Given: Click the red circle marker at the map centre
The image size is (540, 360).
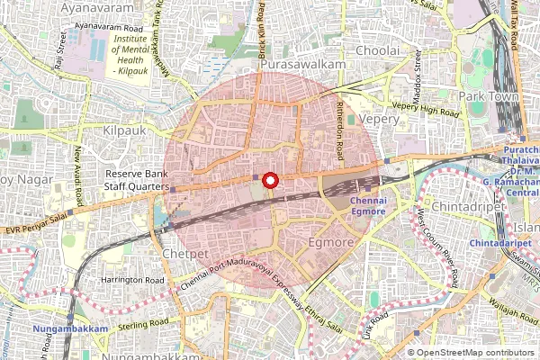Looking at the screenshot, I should [270, 180].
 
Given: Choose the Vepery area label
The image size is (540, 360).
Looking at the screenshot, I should [378, 119].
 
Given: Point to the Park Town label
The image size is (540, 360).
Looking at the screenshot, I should [486, 95].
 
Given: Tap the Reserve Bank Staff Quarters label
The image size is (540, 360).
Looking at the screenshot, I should [138, 180].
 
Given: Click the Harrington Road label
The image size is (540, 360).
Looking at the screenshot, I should [132, 281].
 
